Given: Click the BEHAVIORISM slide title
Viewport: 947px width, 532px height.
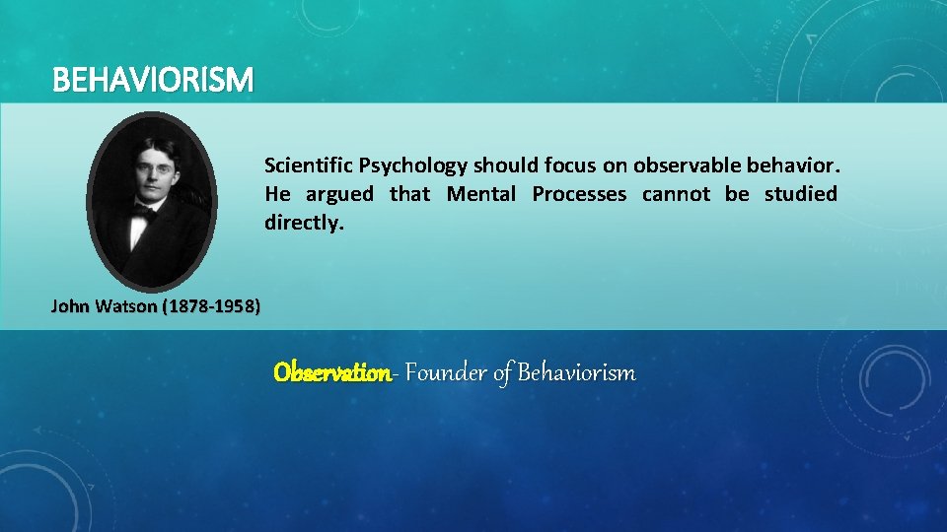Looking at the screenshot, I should [x=153, y=79].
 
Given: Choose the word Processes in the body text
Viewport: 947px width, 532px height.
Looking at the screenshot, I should [x=579, y=194].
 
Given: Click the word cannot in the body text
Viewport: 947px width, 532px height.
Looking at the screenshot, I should [x=676, y=194].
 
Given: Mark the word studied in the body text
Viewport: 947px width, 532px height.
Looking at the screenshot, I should [x=801, y=194].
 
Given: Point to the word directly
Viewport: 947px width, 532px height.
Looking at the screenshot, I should [x=303, y=224].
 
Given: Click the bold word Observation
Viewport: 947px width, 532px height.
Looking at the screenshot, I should [x=331, y=373].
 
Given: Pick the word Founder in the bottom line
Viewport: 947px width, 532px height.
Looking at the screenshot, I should [x=446, y=373].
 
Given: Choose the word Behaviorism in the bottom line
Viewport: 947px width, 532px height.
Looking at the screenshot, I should [x=576, y=373].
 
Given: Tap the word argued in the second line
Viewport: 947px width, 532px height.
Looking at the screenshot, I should [x=340, y=194].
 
